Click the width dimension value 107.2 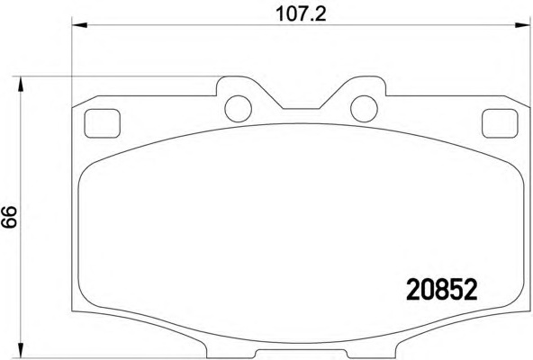[x=301, y=14]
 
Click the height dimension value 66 [x=9, y=217]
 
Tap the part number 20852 [x=442, y=290]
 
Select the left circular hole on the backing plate [x=238, y=109]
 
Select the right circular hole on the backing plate [x=364, y=109]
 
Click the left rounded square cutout [x=103, y=123]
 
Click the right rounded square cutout [x=500, y=123]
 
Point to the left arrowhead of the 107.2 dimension [x=79, y=25]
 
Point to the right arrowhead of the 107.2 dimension [x=522, y=25]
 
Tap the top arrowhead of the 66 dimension [x=21, y=84]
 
